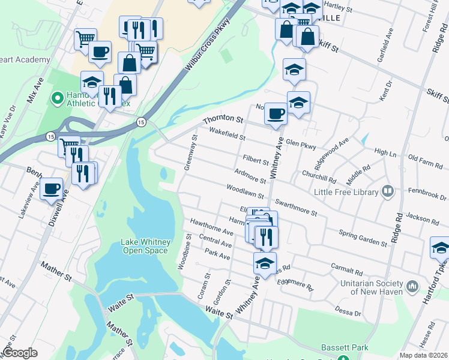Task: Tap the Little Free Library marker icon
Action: click(388, 192)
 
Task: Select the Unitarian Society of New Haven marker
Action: click(412, 286)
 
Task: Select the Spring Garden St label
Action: click(363, 238)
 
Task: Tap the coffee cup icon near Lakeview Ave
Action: click(52, 188)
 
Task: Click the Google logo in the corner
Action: click(20, 353)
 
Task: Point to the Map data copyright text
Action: click(423, 355)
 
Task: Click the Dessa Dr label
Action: click(348, 313)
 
